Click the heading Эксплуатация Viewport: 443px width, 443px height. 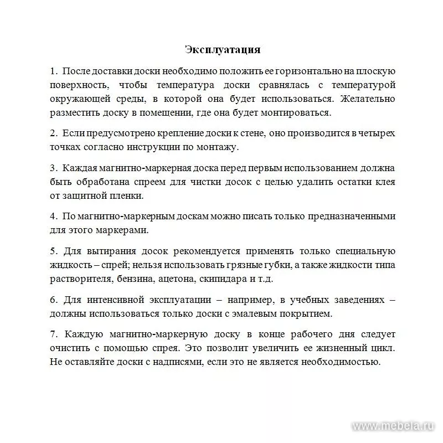(222, 50)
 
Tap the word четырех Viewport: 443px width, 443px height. (377, 133)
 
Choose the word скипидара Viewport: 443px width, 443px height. (222, 279)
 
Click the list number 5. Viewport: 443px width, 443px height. (53, 251)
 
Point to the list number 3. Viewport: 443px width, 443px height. (53, 168)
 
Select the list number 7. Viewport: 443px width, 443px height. (53, 334)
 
